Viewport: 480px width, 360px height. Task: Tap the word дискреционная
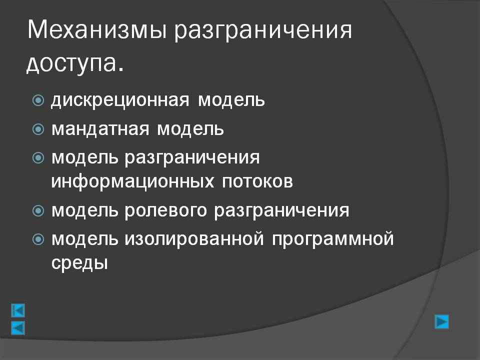click(x=120, y=100)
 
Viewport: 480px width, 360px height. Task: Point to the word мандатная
click(x=100, y=129)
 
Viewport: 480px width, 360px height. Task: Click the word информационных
click(x=132, y=181)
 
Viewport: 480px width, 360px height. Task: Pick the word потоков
click(x=257, y=181)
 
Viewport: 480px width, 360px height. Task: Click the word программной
click(x=333, y=239)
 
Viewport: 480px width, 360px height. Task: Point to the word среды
click(x=79, y=262)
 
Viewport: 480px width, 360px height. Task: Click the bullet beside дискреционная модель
click(x=38, y=100)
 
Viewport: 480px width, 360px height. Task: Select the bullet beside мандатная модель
click(x=38, y=129)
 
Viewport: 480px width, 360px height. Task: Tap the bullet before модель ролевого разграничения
click(x=38, y=210)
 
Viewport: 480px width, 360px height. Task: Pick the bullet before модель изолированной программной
click(x=38, y=239)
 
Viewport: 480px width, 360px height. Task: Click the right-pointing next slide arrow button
click(x=441, y=321)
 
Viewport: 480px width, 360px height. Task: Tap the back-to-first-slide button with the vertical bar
click(x=18, y=310)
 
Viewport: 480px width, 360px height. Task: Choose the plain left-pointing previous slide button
click(x=18, y=328)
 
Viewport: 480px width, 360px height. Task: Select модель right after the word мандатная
click(x=190, y=129)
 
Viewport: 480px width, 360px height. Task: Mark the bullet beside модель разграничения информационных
click(x=38, y=158)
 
